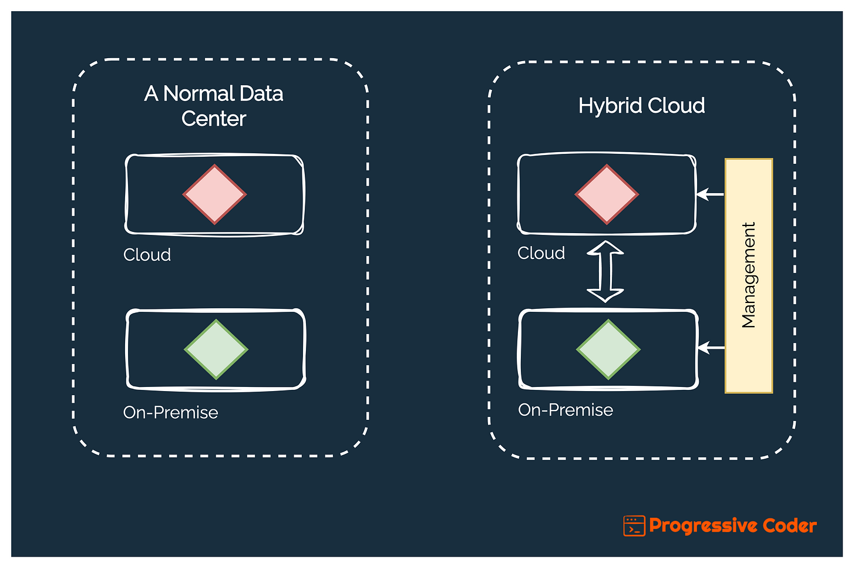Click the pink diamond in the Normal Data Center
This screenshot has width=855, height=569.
coord(214,194)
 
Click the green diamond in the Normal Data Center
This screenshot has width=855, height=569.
coord(216,349)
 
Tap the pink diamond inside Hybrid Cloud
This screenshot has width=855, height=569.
coord(607,194)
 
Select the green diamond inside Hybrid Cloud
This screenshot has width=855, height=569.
coord(608,349)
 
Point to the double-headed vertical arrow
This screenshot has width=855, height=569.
coord(605,271)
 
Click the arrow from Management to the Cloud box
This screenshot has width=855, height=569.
coord(710,194)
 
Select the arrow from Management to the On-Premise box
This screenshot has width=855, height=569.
coord(711,348)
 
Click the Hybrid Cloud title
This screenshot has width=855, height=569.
coord(641,106)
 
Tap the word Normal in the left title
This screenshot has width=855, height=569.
coord(198,93)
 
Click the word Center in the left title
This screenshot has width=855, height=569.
coord(214,119)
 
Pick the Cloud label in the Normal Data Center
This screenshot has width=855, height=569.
coord(147,255)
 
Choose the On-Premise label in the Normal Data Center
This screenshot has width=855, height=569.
coord(170,412)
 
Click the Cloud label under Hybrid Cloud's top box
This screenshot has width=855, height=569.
coord(541,253)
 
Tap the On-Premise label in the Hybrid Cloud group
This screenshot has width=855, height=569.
coord(565,410)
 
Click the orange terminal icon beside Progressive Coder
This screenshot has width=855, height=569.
coord(634,526)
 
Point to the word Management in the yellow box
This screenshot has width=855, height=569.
coord(749,275)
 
